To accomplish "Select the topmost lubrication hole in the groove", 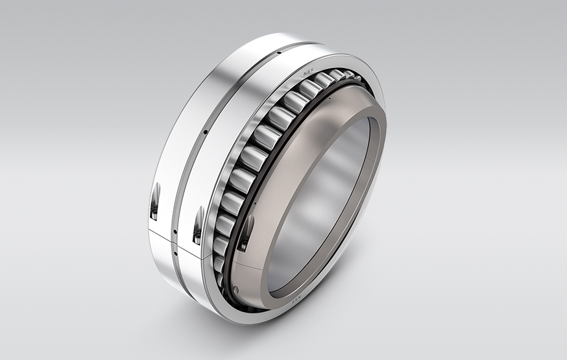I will (278, 53).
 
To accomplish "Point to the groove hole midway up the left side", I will (206, 132).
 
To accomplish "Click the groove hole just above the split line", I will (175, 232).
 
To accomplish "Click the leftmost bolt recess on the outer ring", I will (154, 201).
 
